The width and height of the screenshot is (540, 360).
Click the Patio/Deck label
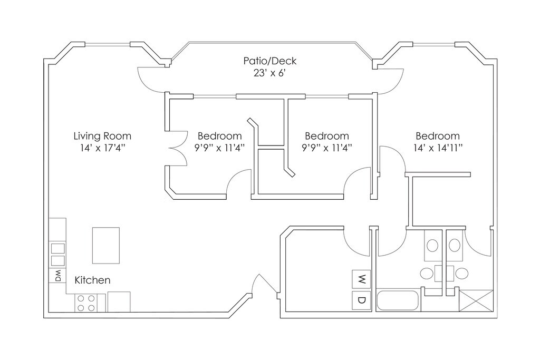[x=269, y=61]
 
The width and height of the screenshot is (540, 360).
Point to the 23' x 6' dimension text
[x=269, y=73]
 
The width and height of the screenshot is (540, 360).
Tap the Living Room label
[x=102, y=136]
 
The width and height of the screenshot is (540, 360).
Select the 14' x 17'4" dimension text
[x=102, y=148]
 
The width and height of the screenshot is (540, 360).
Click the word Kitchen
[x=92, y=280]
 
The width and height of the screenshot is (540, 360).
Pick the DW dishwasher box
[x=58, y=275]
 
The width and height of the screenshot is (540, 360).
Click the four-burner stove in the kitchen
[x=86, y=303]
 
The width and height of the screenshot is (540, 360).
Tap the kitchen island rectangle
[x=105, y=246]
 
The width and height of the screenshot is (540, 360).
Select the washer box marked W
[x=361, y=279]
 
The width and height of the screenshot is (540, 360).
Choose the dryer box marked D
[x=361, y=300]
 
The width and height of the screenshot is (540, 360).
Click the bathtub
[x=398, y=301]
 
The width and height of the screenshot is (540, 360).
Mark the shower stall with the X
[x=476, y=301]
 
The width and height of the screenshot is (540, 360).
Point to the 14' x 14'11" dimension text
[x=438, y=148]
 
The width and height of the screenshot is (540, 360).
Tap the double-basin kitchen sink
[x=58, y=255]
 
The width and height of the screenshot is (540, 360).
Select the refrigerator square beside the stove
[x=119, y=302]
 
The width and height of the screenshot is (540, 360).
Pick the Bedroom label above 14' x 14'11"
[x=438, y=136]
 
